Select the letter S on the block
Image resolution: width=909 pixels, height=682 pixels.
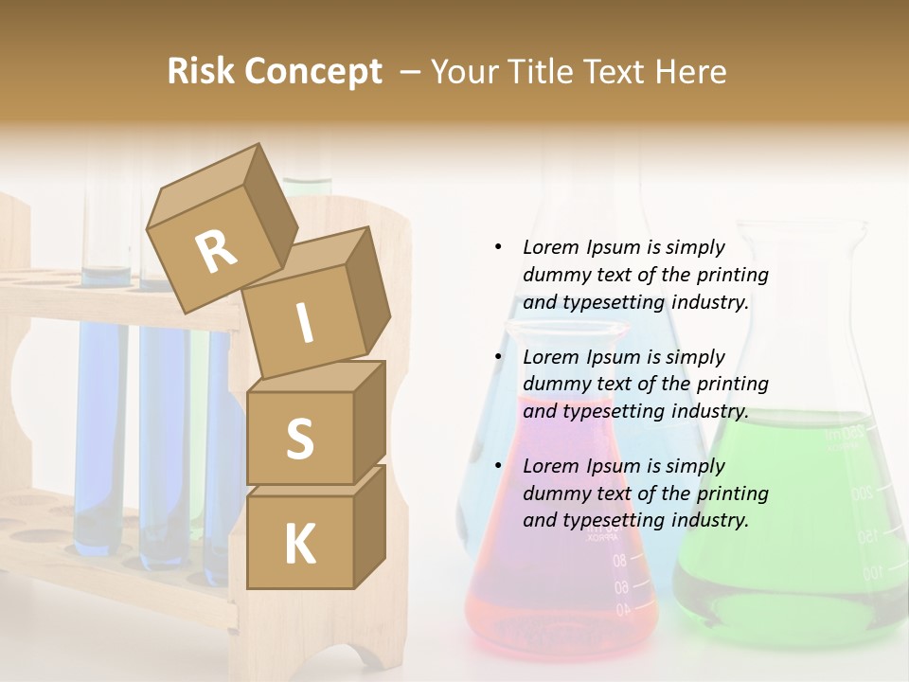coord(299,440)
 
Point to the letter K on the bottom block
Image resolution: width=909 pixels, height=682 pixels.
coord(299,545)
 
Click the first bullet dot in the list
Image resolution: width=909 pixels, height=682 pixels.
coord(498,247)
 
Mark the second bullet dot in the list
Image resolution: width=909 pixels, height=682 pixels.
coord(498,357)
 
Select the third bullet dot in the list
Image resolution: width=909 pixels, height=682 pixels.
coord(498,466)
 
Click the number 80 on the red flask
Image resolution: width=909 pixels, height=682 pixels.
coord(619,561)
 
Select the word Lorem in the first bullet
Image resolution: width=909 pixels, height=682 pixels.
coord(551,247)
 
